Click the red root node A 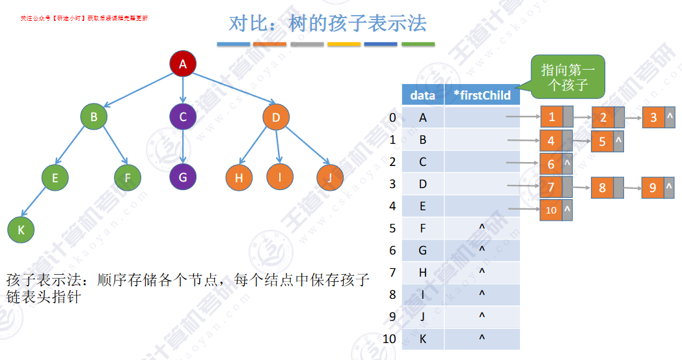tap(183, 64)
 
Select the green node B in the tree tap(94, 117)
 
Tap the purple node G tap(183, 177)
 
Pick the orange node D tap(276, 117)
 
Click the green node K tap(20, 229)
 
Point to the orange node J tap(330, 176)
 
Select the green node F tap(128, 176)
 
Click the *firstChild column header tap(482, 96)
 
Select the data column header tap(423, 96)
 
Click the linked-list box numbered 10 tap(551, 210)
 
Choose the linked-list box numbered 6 tap(551, 164)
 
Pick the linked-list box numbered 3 tap(653, 118)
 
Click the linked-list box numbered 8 tap(602, 188)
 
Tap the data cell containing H tap(423, 273)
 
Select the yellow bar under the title tap(344, 44)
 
